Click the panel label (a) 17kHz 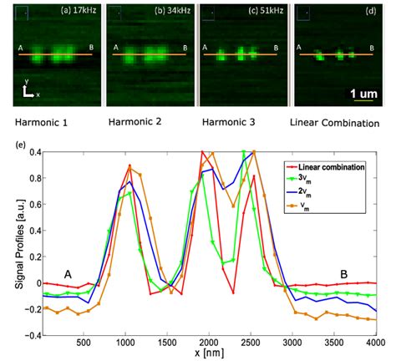[74, 11]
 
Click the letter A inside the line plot [67, 272]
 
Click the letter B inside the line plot [343, 272]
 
